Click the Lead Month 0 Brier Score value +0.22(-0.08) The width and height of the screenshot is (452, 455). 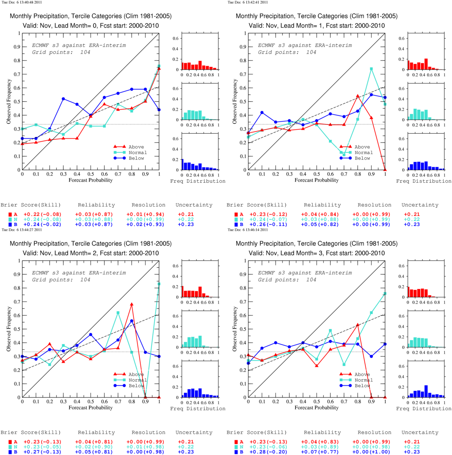pyautogui.click(x=42, y=214)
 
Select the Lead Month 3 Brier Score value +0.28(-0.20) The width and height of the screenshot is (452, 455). pyautogui.click(x=268, y=452)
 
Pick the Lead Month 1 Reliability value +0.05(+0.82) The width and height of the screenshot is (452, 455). pyautogui.click(x=320, y=224)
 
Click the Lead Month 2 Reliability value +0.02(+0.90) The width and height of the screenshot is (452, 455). pyautogui.click(x=94, y=447)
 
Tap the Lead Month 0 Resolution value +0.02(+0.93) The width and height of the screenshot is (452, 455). pyautogui.click(x=145, y=224)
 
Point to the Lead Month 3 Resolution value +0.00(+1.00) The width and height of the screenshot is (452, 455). pyautogui.click(x=371, y=452)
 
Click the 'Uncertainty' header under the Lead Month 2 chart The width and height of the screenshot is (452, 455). pyautogui.click(x=194, y=432)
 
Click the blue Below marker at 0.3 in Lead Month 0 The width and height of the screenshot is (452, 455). pyautogui.click(x=63, y=99)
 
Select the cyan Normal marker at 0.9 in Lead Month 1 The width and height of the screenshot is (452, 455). pyautogui.click(x=371, y=69)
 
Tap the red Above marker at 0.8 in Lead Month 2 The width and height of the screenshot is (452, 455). pyautogui.click(x=132, y=304)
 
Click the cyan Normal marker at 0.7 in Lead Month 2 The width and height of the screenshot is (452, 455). pyautogui.click(x=118, y=313)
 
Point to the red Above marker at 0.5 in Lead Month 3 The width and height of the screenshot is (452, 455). pyautogui.click(x=317, y=366)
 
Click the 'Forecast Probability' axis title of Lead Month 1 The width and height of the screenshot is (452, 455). pyautogui.click(x=317, y=180)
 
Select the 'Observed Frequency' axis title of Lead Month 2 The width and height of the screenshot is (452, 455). pyautogui.click(x=9, y=329)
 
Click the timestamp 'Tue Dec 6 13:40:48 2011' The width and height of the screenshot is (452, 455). pyautogui.click(x=22, y=2)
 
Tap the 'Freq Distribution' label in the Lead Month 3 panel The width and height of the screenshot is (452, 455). pyautogui.click(x=424, y=408)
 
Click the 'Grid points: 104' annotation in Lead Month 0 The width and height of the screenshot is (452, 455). pyautogui.click(x=61, y=52)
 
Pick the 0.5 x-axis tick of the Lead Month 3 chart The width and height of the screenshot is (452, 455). pyautogui.click(x=317, y=401)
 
